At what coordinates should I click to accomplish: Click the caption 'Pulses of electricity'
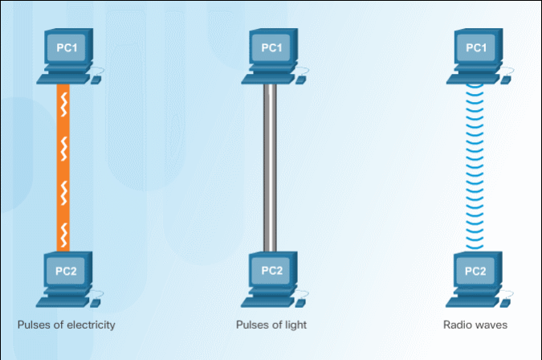67,325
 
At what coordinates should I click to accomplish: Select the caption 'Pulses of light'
271,325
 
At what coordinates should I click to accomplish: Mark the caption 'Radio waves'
475,325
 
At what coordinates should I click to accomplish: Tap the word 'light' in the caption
295,325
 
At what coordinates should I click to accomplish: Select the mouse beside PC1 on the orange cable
96,80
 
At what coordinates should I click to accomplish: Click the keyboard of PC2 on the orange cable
63,301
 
